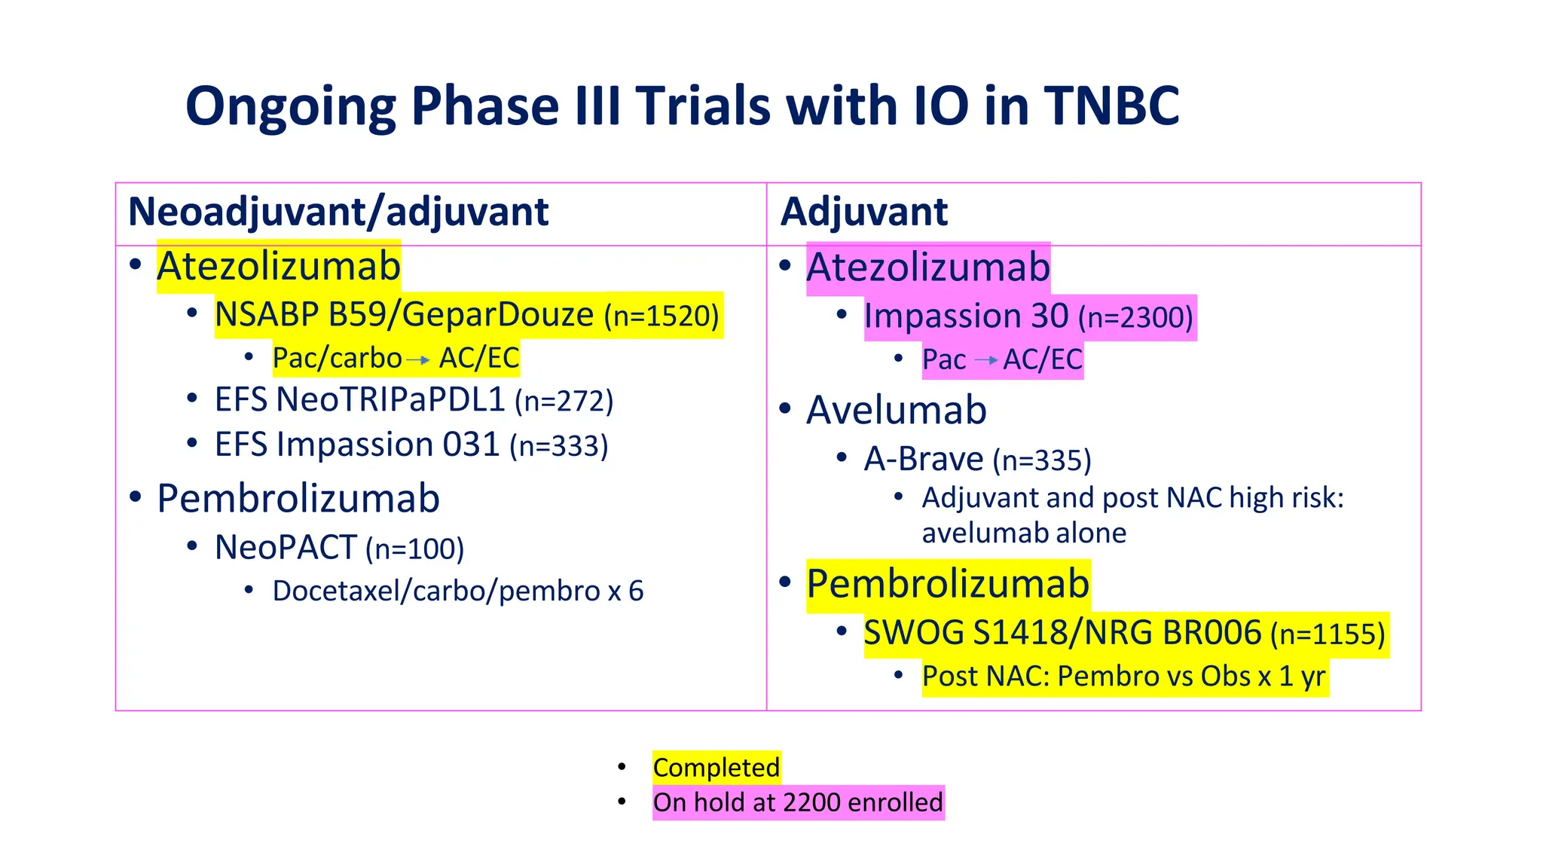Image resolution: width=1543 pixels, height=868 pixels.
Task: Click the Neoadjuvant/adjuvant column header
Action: [x=338, y=212]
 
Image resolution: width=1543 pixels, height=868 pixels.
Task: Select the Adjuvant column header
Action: [x=863, y=212]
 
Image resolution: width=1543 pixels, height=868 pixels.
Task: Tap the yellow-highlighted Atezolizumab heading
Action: [x=278, y=266]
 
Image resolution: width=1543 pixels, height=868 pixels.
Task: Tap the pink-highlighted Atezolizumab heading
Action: [x=927, y=267]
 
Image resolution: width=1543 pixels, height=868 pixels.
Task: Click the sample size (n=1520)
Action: [x=662, y=316]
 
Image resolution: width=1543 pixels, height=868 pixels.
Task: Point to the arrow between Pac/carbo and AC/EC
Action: [x=418, y=360]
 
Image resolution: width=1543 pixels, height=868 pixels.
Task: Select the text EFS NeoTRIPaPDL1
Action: [x=359, y=400]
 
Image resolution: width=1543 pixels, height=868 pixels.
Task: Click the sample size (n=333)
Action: [x=558, y=446]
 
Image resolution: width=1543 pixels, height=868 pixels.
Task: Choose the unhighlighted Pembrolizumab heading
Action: [x=298, y=499]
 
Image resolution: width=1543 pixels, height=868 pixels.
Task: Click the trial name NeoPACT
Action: [x=286, y=548]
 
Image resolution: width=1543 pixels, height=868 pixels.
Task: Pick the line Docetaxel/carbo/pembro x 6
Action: [x=457, y=591]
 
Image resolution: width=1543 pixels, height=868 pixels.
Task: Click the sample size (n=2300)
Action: [x=1135, y=317]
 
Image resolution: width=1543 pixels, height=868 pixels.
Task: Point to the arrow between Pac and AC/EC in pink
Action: [x=985, y=361]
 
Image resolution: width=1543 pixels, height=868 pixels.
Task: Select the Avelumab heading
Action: [x=896, y=411]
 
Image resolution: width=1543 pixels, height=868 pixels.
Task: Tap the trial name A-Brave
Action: [x=923, y=459]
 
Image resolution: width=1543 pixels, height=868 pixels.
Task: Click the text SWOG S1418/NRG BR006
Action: [x=1062, y=633]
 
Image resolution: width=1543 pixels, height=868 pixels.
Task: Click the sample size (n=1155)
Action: [x=1328, y=634]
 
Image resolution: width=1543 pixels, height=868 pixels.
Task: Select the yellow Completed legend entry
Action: [x=716, y=768]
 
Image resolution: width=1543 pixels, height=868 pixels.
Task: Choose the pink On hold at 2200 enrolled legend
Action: [x=797, y=802]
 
